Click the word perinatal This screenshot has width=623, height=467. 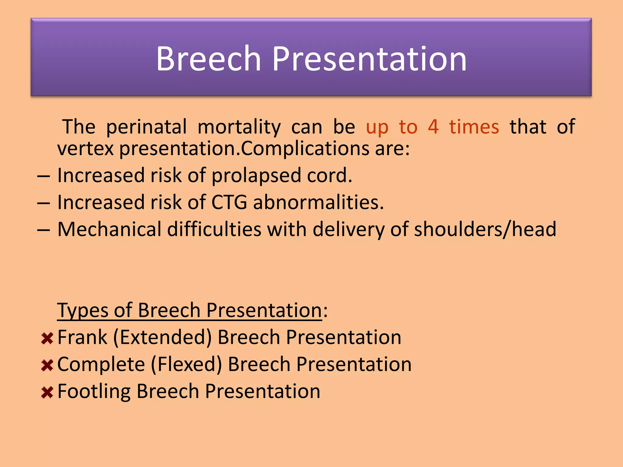pos(146,127)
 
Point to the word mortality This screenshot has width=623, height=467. pos(239,127)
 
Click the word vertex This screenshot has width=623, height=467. pos(85,149)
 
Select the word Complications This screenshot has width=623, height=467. pos(305,149)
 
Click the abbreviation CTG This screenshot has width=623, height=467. pos(229,202)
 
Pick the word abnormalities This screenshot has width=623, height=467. pos(318,202)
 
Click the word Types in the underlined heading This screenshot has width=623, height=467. pos(82,311)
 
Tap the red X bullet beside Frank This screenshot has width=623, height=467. pos(47,338)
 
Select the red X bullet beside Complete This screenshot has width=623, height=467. pos(47,365)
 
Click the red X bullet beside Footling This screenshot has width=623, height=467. pos(47,392)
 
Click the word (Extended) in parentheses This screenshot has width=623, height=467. pos(162,337)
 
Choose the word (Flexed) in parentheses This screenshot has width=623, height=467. pos(186,365)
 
